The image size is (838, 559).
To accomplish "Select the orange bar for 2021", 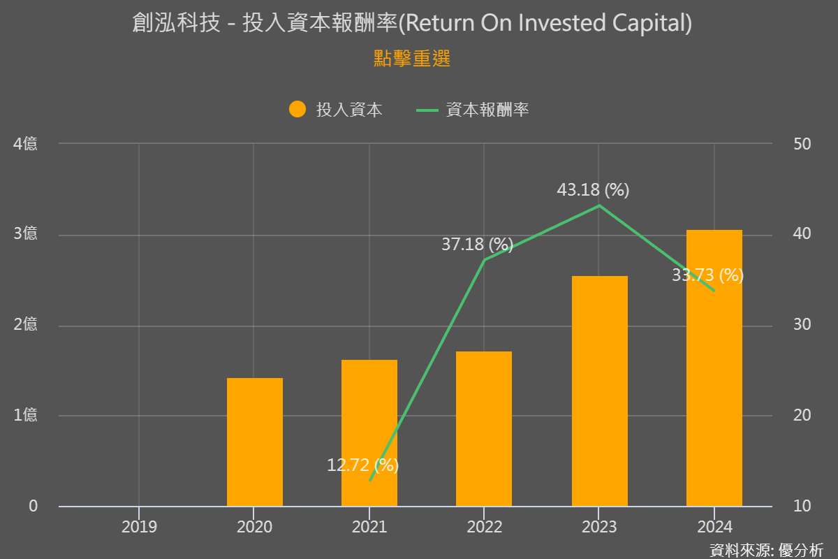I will tap(369, 433).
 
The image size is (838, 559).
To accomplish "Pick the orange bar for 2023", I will tap(599, 391).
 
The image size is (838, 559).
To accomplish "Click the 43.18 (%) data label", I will tap(593, 190).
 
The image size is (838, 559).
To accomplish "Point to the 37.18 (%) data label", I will tap(477, 245).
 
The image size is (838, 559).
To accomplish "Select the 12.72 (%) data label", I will tap(362, 465).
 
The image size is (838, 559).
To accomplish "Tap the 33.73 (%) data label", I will tap(707, 275).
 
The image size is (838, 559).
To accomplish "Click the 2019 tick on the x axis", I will tap(139, 526).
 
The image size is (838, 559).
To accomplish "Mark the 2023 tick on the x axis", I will tap(599, 526).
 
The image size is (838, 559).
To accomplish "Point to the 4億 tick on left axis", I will tap(26, 144).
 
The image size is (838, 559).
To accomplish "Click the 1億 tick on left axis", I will tap(26, 416).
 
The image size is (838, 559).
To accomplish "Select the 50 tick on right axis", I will tap(802, 144).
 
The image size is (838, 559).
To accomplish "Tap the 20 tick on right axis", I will tap(802, 416).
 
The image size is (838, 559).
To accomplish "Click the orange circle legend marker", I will tap(297, 110).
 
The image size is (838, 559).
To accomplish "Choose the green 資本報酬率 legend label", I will tap(487, 110).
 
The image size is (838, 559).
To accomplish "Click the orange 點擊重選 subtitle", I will tap(412, 59).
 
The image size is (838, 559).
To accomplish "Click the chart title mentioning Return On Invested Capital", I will tap(412, 24).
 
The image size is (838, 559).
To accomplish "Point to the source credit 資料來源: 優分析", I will tap(766, 550).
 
